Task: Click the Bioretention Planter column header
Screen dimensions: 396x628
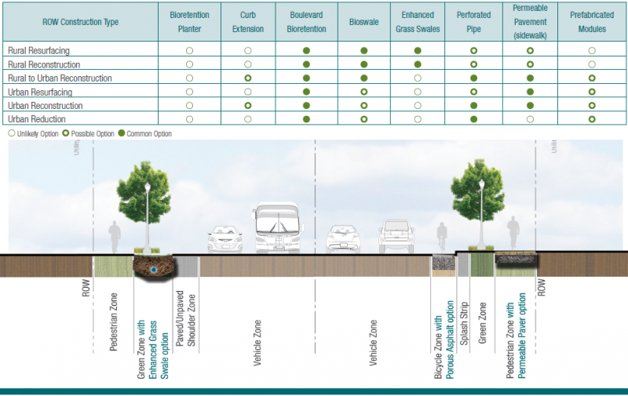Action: tap(190, 22)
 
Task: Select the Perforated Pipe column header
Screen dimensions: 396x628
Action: tap(474, 22)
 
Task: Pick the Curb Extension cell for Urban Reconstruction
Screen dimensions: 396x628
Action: tap(248, 105)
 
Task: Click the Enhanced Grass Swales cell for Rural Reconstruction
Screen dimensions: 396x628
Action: tap(418, 64)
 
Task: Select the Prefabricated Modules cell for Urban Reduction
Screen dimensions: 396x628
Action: tap(592, 119)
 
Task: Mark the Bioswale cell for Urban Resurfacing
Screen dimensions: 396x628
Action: tap(363, 92)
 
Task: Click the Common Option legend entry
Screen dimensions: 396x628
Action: tap(146, 134)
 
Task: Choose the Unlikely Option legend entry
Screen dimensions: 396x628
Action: tap(31, 134)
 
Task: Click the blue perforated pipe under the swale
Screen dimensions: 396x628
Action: tap(153, 270)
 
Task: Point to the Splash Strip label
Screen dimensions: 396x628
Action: tap(464, 317)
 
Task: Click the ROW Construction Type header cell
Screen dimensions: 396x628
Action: tap(80, 22)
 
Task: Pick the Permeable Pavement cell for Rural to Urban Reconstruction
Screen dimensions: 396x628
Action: tap(531, 78)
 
